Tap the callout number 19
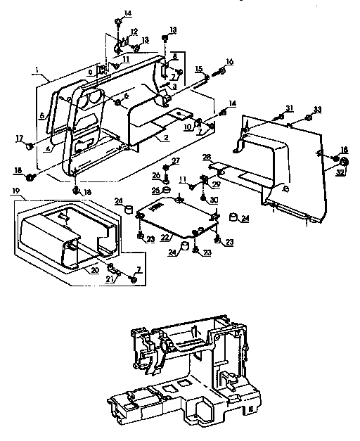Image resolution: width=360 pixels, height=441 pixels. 15,190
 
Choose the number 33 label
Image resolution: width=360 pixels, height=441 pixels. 317,109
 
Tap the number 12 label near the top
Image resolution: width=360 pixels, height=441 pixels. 134,32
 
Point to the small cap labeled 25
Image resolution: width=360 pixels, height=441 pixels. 167,189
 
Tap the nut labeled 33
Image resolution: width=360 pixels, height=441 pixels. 308,117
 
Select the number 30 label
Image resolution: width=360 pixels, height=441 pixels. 214,199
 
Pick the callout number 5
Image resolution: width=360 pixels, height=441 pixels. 41,116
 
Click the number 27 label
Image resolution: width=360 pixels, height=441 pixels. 176,161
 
